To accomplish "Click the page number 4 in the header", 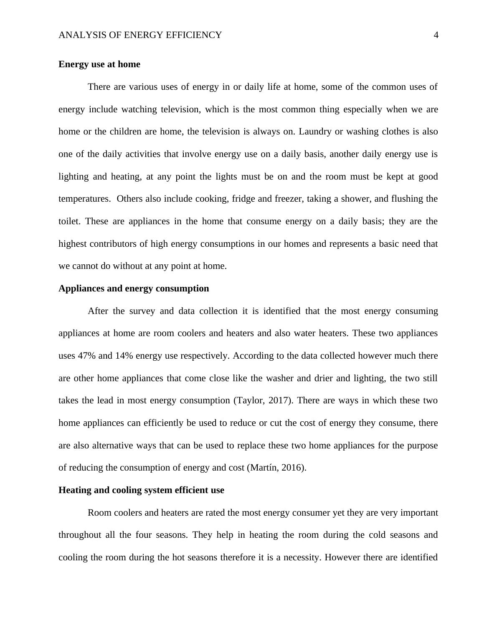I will (436, 35).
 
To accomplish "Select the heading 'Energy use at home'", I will (99, 64).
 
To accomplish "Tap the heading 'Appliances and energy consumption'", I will (134, 289).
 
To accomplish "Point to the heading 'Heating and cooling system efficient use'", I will (141, 490).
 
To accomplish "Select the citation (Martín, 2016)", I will (277, 468).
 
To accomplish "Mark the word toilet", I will (68, 221).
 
